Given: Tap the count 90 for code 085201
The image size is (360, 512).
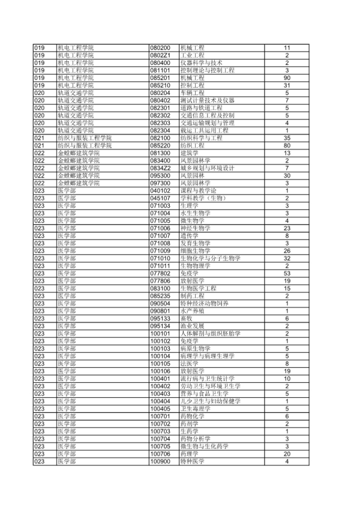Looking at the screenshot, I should point(287,77).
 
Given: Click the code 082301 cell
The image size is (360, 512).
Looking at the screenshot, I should point(160,108).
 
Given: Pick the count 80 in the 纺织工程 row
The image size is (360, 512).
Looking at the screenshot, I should point(287,145).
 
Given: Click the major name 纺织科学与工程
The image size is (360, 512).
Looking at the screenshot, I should point(202,138).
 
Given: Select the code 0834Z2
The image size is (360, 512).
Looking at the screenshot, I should point(160,168).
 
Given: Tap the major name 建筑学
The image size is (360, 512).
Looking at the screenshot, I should point(190,153).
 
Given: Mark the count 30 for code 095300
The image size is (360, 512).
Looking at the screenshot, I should point(287,176).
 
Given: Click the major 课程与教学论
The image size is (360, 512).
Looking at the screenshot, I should point(199,191).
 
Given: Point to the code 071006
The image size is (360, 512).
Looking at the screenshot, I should point(160,228).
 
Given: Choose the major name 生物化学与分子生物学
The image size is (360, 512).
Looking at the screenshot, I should point(211,258).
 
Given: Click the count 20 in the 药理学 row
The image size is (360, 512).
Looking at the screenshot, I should point(287,471).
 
